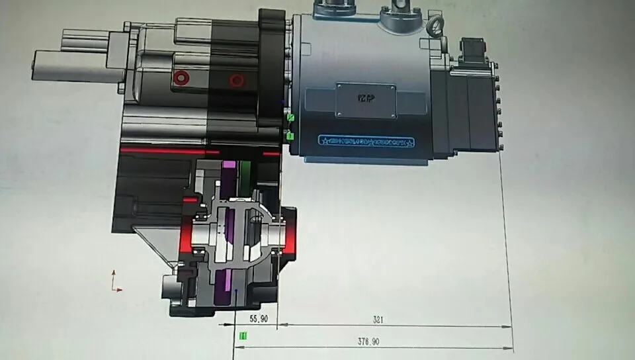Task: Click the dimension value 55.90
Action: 258,318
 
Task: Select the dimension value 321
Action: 378,320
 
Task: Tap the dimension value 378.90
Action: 369,341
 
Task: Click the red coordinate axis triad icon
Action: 115,281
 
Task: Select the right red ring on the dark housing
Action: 236,81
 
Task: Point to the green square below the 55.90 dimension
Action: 243,336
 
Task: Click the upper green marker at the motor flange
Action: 290,118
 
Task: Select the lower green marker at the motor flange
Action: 290,136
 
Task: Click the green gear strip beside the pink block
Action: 245,176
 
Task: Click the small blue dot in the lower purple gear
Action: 236,289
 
